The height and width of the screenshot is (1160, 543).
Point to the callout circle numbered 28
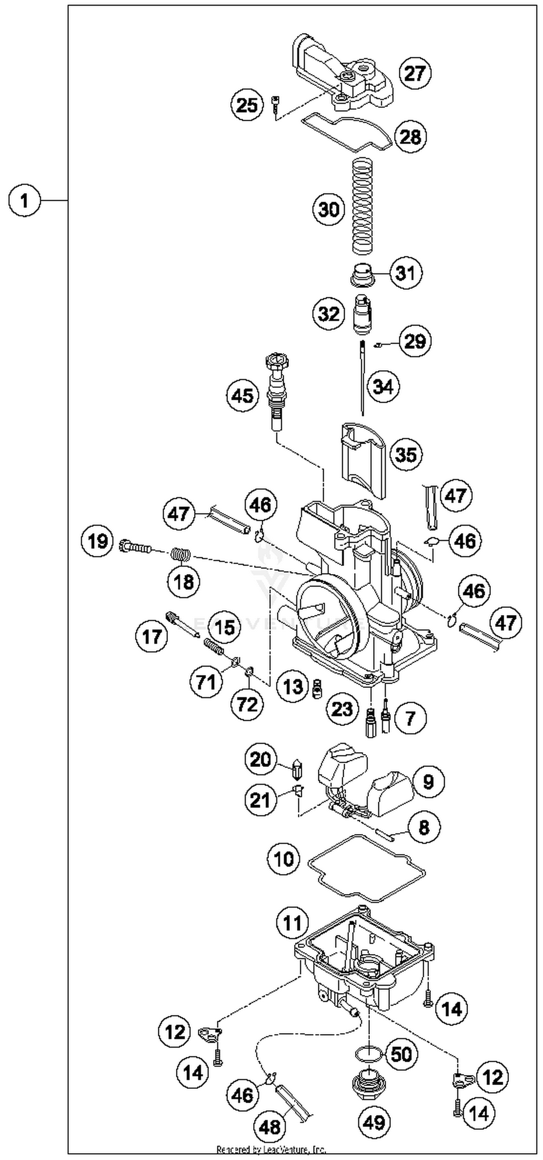pyautogui.click(x=410, y=137)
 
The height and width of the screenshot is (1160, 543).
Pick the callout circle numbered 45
pyautogui.click(x=242, y=396)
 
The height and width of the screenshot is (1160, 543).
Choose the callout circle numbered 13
pyautogui.click(x=292, y=687)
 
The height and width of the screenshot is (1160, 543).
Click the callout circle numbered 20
pyautogui.click(x=261, y=760)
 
